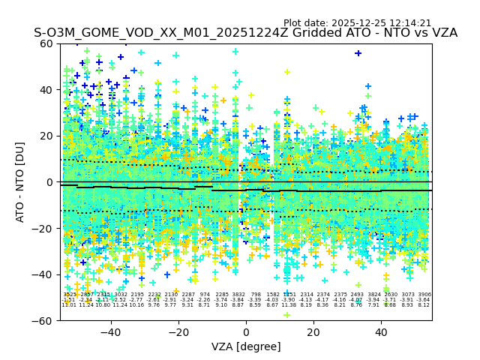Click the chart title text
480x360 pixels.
pos(245,33)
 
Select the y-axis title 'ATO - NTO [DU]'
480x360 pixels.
pos(21,182)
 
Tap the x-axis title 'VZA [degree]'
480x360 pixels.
pos(245,346)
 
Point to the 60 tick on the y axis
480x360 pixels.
pos(47,43)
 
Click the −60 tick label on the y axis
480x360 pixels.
pos(43,320)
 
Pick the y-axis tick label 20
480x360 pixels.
pos(47,136)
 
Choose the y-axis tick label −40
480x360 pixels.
pos(43,274)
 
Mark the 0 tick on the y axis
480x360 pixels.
pos(50,182)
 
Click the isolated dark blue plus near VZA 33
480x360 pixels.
pos(358,53)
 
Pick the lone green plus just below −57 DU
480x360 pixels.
pos(286,315)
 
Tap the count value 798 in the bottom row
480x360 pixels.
pos(256,295)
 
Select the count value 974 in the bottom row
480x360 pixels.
pos(205,295)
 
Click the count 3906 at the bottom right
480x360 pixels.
pos(424,295)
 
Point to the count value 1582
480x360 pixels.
pos(273,295)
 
